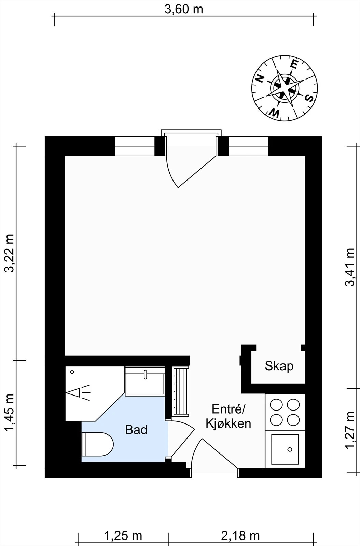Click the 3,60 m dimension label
(184, 10)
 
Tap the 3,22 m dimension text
(10, 253)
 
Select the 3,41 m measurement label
(349, 267)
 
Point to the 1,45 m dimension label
(10, 413)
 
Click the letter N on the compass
(260, 79)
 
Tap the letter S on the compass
(309, 98)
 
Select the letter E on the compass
(294, 64)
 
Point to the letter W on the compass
(275, 113)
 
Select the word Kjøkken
(228, 423)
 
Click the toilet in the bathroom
(98, 444)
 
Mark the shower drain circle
(72, 372)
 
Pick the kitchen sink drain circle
(290, 449)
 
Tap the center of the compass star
(285, 87)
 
